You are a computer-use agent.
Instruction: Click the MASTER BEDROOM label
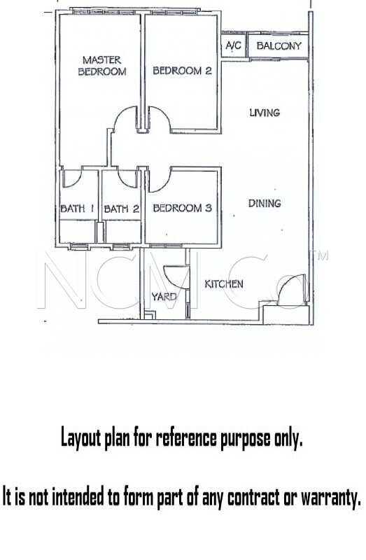102,66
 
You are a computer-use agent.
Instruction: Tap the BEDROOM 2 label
182,71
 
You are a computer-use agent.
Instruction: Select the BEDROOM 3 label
182,208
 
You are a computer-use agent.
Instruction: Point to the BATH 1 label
77,208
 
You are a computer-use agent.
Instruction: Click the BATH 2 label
121,209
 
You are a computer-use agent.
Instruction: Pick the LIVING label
265,113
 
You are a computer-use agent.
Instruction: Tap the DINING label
265,204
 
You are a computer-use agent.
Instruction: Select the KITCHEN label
224,284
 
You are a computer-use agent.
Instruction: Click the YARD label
164,296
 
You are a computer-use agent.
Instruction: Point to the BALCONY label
279,45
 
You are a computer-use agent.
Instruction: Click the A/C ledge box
234,45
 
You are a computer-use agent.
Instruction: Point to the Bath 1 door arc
77,181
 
